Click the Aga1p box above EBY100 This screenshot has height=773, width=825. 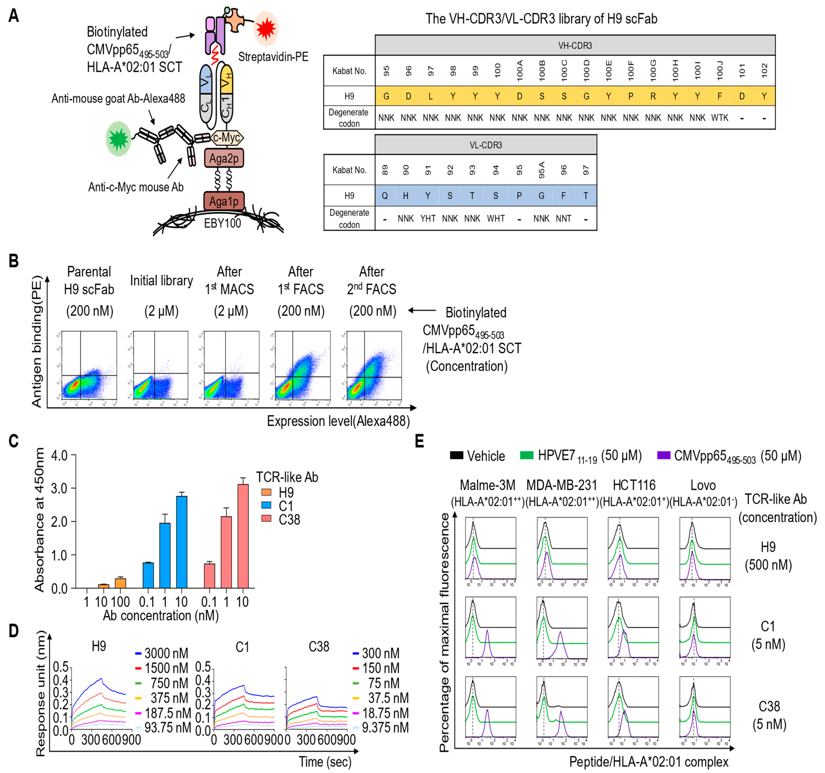[224, 201]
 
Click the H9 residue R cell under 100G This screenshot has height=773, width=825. [653, 96]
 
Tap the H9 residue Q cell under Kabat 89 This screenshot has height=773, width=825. [385, 196]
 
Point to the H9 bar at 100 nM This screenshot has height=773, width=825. [120, 583]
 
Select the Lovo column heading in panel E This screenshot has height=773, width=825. [703, 485]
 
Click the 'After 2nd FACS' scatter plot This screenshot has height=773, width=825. [374, 365]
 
